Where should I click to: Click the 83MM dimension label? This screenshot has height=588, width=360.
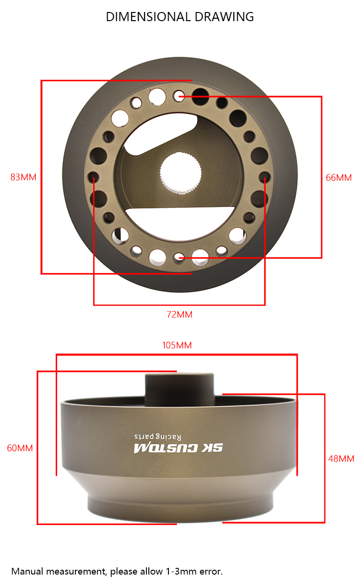coord(24,177)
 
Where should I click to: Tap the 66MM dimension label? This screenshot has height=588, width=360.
coord(338,178)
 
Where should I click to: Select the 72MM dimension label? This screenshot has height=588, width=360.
coord(180,315)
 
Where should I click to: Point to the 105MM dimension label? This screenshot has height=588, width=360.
coord(177,345)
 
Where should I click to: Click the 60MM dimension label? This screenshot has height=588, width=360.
coord(20,448)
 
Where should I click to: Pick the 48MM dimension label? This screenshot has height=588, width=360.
coord(341,459)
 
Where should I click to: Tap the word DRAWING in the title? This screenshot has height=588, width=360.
coord(224,17)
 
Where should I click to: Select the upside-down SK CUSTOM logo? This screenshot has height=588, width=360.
coord(178,448)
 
